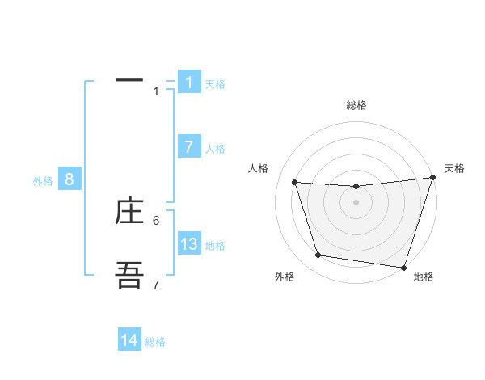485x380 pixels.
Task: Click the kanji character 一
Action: pos(129,81)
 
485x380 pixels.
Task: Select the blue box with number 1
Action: pos(189,82)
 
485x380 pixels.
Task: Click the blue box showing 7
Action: pos(189,146)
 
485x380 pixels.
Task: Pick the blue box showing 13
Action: pos(189,243)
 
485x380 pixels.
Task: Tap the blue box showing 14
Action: pos(129,340)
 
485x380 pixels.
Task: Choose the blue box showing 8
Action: pos(70,179)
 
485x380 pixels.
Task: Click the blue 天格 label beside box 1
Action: pos(215,83)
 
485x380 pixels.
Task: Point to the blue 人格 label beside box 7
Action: pos(215,149)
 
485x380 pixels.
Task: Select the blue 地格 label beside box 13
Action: pos(215,246)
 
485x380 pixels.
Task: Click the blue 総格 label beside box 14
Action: pos(155,342)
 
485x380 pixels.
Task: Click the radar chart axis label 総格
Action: pos(356,105)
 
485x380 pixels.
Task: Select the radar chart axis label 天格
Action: pos(455,168)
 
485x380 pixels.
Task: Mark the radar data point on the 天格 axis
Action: pos(432,178)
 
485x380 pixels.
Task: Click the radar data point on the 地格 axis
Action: pos(403,267)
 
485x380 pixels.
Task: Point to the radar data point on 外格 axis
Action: pos(318,255)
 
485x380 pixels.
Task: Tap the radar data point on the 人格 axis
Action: pos(295,183)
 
